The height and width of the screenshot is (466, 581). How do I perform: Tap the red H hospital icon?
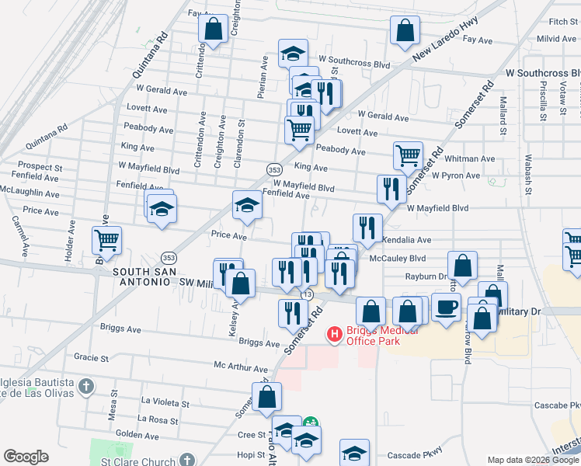pos(335,335)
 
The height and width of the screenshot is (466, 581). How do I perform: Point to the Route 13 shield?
pos(308,294)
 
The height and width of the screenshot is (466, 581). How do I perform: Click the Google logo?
pos(26,457)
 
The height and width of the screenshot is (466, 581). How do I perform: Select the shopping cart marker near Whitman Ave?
pos(408,155)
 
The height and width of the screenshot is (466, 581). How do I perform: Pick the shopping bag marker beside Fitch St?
pos(405,31)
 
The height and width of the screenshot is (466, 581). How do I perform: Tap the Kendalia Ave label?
pos(405,241)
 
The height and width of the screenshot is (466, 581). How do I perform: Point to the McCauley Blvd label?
pos(398,258)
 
